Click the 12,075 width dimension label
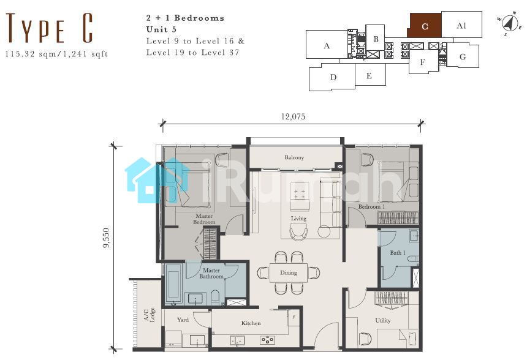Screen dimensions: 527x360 [x=293, y=116]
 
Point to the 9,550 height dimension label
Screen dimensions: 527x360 [x=106, y=238]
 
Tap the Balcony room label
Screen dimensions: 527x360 [x=294, y=157]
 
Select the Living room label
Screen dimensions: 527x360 [x=298, y=219]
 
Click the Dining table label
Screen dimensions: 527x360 [x=289, y=272]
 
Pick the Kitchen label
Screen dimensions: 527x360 [x=251, y=323]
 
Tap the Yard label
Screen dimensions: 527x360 [x=183, y=320]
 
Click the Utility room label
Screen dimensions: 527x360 [x=383, y=320]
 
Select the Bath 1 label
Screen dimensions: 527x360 [x=398, y=252]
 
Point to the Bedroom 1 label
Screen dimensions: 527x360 [x=371, y=206]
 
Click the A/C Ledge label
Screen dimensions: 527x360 [x=150, y=315]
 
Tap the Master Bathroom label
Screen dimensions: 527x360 [x=211, y=273]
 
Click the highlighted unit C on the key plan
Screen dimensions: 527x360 [x=424, y=26]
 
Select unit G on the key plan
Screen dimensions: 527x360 [x=463, y=56]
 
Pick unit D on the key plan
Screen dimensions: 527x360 [x=333, y=77]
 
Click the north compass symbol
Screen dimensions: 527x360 [x=510, y=23]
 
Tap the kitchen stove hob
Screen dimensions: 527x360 [x=267, y=340]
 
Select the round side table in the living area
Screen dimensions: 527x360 [x=324, y=232]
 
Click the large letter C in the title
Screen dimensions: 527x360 [x=88, y=28]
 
